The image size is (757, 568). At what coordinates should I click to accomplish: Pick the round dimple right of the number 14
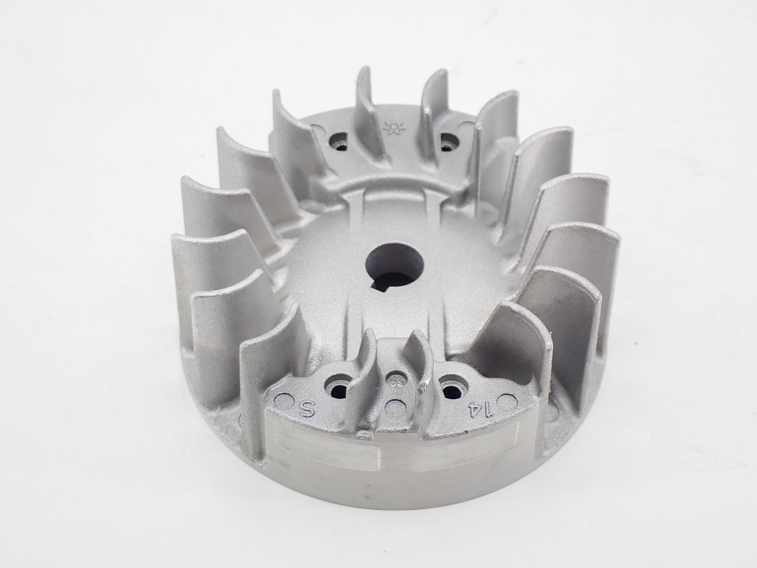pos(510,403)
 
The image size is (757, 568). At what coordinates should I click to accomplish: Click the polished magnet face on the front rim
pos(393,452)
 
